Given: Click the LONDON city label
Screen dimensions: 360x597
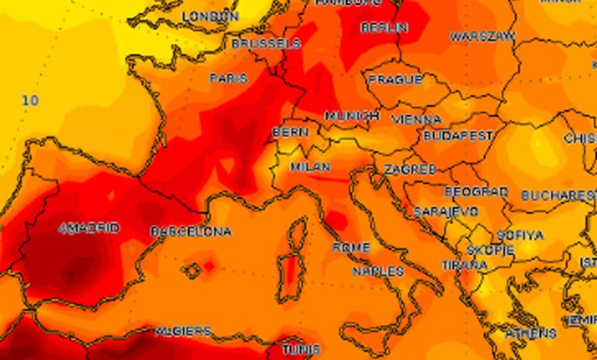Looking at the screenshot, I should pos(211,16).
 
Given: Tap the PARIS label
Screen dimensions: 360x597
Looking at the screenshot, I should pos(228,78).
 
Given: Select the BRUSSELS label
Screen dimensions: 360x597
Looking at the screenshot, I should pos(266,44).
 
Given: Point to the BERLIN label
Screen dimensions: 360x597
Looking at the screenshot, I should pos(383,28).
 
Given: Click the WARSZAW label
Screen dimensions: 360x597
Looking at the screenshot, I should pos(482,37).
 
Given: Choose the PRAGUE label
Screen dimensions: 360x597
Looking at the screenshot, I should pos(395,80).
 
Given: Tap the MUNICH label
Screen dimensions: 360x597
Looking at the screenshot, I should pos(351,116).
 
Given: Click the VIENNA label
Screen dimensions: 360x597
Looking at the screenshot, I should pos(416,119).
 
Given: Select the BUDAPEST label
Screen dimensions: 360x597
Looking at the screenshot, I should pos(458,135).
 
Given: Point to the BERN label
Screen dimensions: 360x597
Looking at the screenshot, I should pos(291,133).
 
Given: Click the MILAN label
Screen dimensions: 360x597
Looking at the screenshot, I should pos(310,167).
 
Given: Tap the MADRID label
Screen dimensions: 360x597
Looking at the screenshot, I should pos(91,228).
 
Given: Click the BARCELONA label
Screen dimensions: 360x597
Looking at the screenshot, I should pos(191,231).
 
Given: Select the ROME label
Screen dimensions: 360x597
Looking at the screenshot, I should pos(351,247).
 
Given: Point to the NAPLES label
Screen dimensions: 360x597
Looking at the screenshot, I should pos(378,271).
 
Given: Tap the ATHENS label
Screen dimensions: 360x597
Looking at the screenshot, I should pos(530,333).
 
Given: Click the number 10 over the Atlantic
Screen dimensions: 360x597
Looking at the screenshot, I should pos(30,100).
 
